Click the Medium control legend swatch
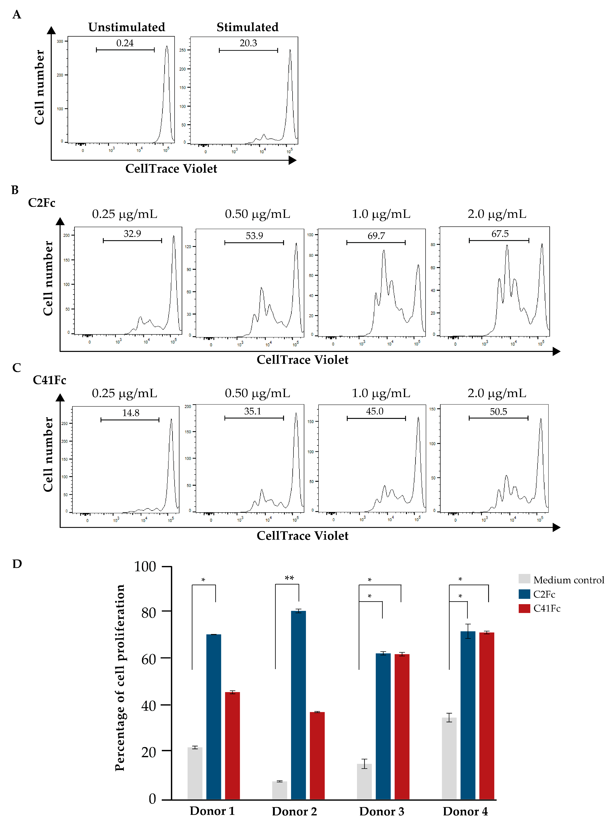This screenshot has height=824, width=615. coord(524,579)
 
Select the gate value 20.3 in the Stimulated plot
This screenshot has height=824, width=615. coord(248,43)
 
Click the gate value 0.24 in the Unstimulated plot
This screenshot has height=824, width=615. coord(125,43)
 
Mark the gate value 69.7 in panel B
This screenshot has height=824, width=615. coord(376,236)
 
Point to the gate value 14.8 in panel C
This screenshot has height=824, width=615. coord(131,413)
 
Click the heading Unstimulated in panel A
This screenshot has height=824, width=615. coord(127,27)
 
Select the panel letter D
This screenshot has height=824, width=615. coord(17,564)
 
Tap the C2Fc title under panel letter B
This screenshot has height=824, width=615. coord(42,203)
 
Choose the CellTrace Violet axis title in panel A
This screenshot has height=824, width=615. coord(171,169)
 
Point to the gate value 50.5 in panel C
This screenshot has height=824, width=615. coord(498,411)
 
